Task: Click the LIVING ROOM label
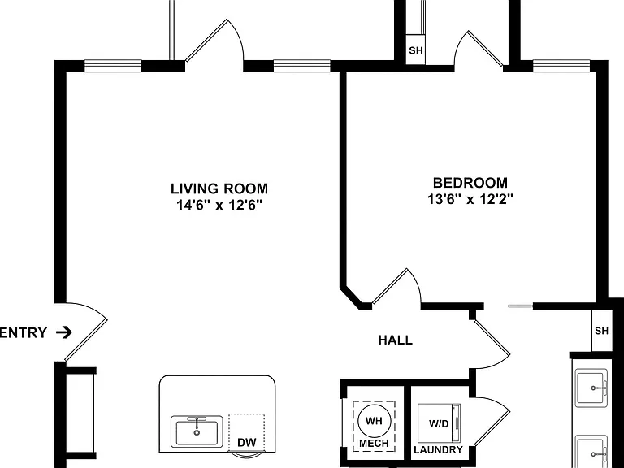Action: pos(219,188)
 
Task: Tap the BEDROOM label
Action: pos(470,183)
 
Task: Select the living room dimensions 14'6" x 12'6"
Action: pos(219,205)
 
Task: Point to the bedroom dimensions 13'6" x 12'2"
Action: pos(470,198)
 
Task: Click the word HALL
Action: pos(395,340)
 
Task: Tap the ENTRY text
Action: pos(24,332)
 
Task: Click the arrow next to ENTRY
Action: pos(64,332)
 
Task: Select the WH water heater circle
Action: pos(374,421)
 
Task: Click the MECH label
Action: pos(374,444)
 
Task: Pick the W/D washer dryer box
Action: pos(439,423)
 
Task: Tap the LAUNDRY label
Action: pos(438,449)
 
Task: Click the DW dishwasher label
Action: pos(247,442)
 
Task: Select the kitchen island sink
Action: pos(197,431)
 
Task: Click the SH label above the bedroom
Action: pos(415,50)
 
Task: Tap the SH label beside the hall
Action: pos(601,331)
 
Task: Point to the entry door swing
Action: pos(85,331)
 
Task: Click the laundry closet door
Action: pos(491,422)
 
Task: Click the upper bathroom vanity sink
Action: pos(591,388)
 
